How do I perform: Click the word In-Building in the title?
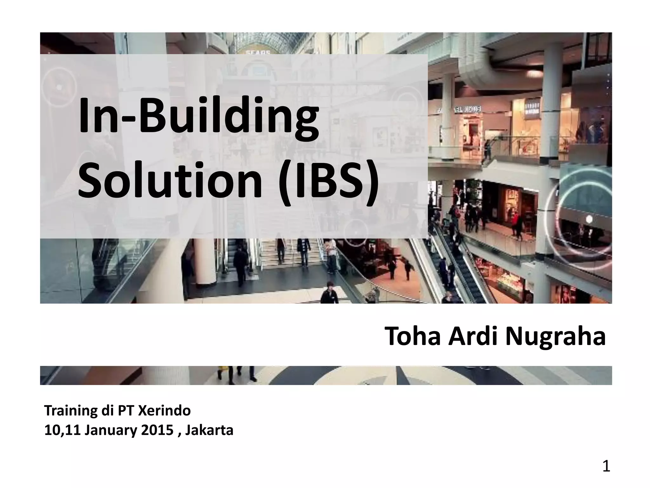coord(198,117)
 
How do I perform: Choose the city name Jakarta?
coord(209,430)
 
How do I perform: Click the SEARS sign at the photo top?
coord(258,52)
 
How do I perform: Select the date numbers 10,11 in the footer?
coord(62,430)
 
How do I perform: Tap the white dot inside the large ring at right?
coord(589,219)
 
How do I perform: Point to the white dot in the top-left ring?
coord(59,87)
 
